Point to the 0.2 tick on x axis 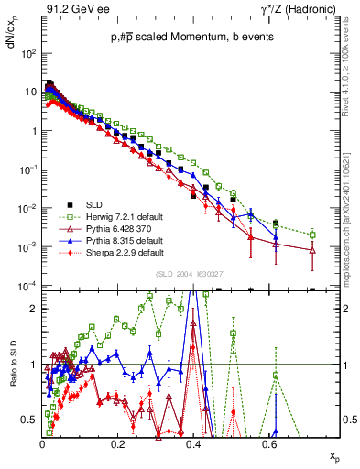point(117,442)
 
